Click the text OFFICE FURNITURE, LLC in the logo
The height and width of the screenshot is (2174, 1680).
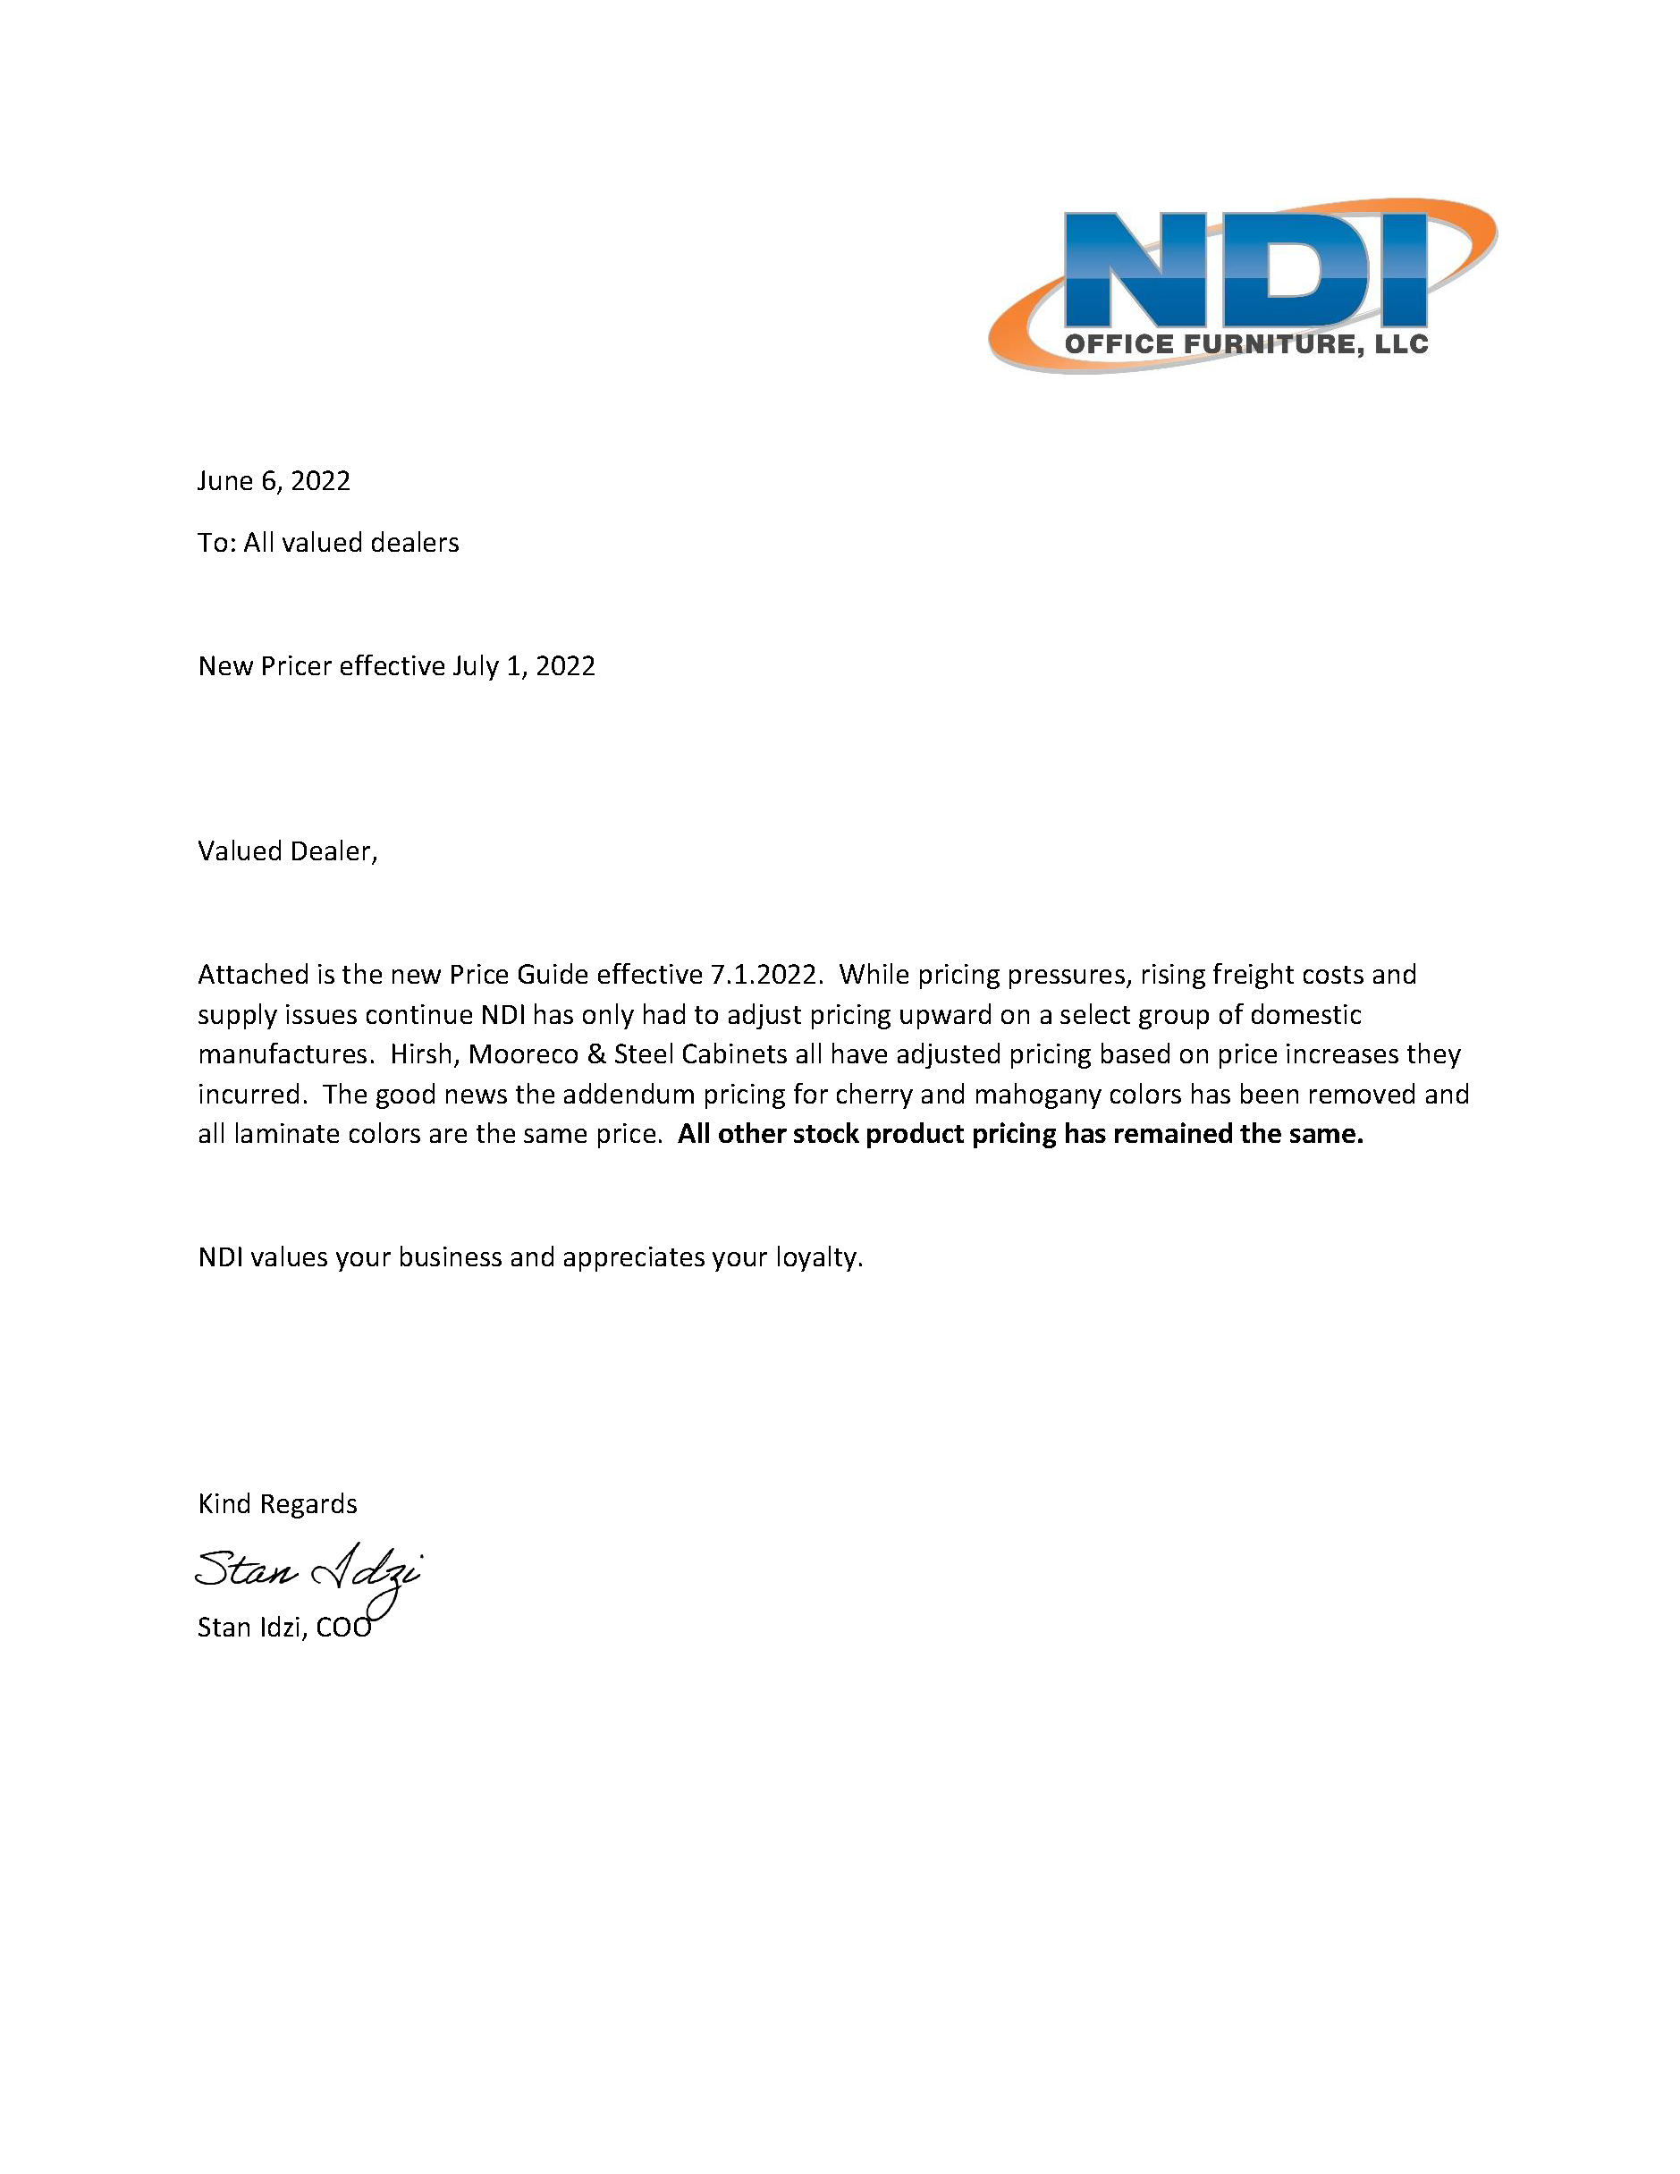[1246, 344]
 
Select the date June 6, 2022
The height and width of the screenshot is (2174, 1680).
[274, 481]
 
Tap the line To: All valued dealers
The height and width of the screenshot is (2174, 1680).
[328, 543]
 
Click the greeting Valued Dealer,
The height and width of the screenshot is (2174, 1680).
[288, 851]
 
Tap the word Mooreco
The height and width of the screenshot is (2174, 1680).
[524, 1053]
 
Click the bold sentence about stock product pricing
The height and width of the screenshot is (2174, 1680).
[1020, 1134]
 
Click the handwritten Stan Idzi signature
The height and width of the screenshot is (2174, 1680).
[308, 1569]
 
